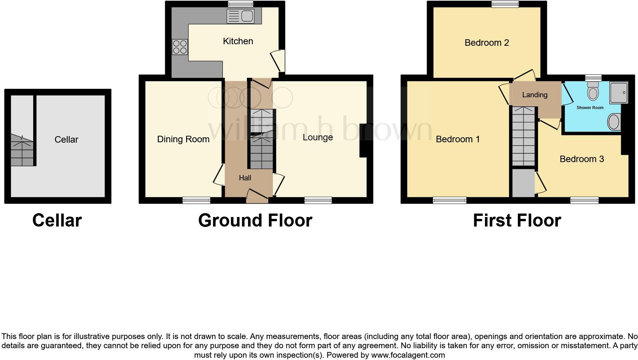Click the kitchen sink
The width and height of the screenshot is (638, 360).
click(240, 16)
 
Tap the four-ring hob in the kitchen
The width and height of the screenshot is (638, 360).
click(180, 47)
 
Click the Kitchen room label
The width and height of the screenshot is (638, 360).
click(238, 41)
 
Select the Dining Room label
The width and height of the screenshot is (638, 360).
click(183, 139)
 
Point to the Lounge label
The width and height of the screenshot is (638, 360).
click(317, 137)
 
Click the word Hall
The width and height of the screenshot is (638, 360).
click(245, 178)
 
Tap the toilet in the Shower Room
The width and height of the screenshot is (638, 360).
click(593, 91)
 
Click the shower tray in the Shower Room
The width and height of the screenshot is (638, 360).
click(619, 92)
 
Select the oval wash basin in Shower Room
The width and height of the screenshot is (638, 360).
click(614, 122)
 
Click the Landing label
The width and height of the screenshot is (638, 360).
click(535, 95)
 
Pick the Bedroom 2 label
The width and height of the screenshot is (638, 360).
click(487, 43)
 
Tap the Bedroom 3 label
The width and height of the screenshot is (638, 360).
click(582, 159)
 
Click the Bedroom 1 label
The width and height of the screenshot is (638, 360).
click(458, 139)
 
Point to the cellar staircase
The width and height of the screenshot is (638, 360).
click(22, 151)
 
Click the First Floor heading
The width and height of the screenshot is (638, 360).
click(517, 220)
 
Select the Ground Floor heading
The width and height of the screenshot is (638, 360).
click(255, 220)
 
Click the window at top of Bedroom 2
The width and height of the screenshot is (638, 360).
click(505, 4)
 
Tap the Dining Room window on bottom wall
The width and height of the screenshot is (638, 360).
click(196, 200)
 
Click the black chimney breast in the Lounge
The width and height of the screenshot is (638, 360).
click(363, 140)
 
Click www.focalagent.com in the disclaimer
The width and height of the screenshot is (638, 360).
click(408, 355)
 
